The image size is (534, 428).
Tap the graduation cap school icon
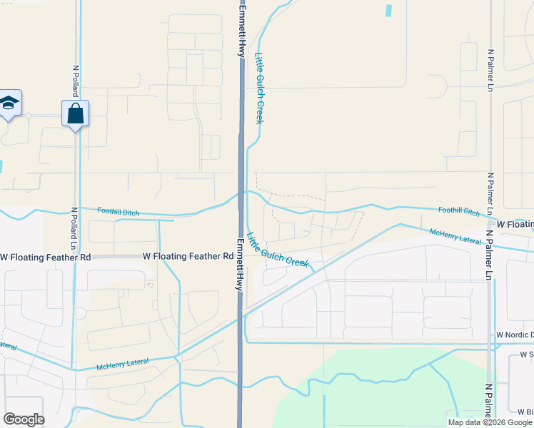[x=9, y=103]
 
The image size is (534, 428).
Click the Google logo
[x=24, y=419]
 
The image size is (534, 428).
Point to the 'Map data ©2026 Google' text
[x=490, y=422]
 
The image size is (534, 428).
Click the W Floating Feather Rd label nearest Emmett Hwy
[x=188, y=255]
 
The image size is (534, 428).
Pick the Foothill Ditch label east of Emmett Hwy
[x=460, y=210]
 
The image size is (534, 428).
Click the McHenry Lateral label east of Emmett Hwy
[x=455, y=235]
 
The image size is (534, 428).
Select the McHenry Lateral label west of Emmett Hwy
[x=123, y=365]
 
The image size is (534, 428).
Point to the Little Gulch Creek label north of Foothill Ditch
[x=260, y=88]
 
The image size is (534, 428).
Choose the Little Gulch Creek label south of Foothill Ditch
[x=278, y=250]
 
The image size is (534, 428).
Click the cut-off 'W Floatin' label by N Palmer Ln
[x=515, y=224]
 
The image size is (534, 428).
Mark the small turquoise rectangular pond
[x=388, y=11]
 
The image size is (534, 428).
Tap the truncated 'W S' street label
[x=527, y=354]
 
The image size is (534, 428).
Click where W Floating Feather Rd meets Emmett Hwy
[x=241, y=255]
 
